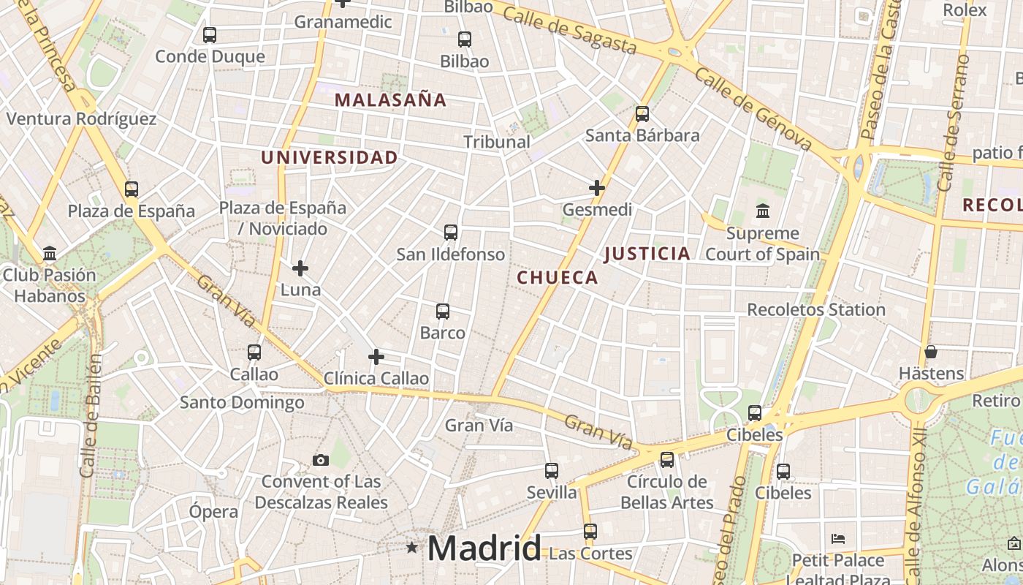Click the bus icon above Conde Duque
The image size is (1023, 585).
[210, 34]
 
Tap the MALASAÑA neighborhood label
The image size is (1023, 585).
[390, 100]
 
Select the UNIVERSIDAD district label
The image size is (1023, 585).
[330, 157]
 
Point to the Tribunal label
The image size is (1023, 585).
[497, 142]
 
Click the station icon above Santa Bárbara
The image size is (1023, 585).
[642, 113]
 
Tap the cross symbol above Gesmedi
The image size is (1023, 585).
[597, 188]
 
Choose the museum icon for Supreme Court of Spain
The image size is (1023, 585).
[763, 211]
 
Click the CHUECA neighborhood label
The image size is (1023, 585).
[558, 278]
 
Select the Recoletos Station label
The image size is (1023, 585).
[816, 310]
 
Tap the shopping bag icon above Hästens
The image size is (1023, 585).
[931, 352]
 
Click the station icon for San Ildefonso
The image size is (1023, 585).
[451, 233]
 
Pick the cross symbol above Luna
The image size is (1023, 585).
[300, 268]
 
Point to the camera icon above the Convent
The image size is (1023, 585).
[321, 460]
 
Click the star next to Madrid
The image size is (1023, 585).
[412, 547]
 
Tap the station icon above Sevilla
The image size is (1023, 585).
[552, 471]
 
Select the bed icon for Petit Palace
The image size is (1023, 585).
[838, 539]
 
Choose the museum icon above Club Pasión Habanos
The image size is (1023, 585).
[50, 254]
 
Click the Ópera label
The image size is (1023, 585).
[213, 512]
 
